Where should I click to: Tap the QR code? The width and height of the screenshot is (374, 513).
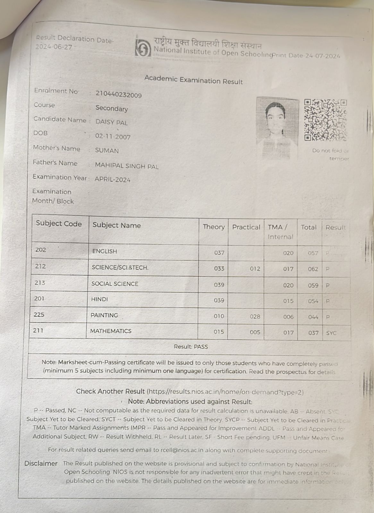pos(325,120)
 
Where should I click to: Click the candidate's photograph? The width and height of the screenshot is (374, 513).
pos(277,127)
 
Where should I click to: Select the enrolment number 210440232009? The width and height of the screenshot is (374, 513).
pos(118,95)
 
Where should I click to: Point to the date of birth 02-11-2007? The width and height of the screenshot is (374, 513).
pos(113,137)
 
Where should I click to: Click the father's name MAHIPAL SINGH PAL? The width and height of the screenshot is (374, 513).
pos(127,166)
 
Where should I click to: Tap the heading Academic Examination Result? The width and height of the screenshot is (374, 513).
pos(193,80)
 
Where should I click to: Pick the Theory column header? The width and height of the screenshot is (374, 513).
pos(214,227)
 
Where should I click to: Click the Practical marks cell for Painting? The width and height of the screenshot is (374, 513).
pos(255,316)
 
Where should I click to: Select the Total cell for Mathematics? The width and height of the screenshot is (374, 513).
pos(313,333)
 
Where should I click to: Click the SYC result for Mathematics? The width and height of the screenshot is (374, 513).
pos(331,333)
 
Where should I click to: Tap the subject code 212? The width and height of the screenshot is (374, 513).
pos(40,266)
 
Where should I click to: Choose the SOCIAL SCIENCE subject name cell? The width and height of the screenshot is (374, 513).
pos(115,284)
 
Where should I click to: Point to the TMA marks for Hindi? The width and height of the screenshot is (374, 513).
pos(288,301)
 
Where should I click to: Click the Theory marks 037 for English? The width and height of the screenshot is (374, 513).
pos(219,253)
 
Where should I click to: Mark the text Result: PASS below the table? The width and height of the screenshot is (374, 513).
pos(191,347)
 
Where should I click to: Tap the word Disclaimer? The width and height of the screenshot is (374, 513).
pos(41,463)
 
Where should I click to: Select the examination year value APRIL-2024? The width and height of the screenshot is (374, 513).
pos(113,180)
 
